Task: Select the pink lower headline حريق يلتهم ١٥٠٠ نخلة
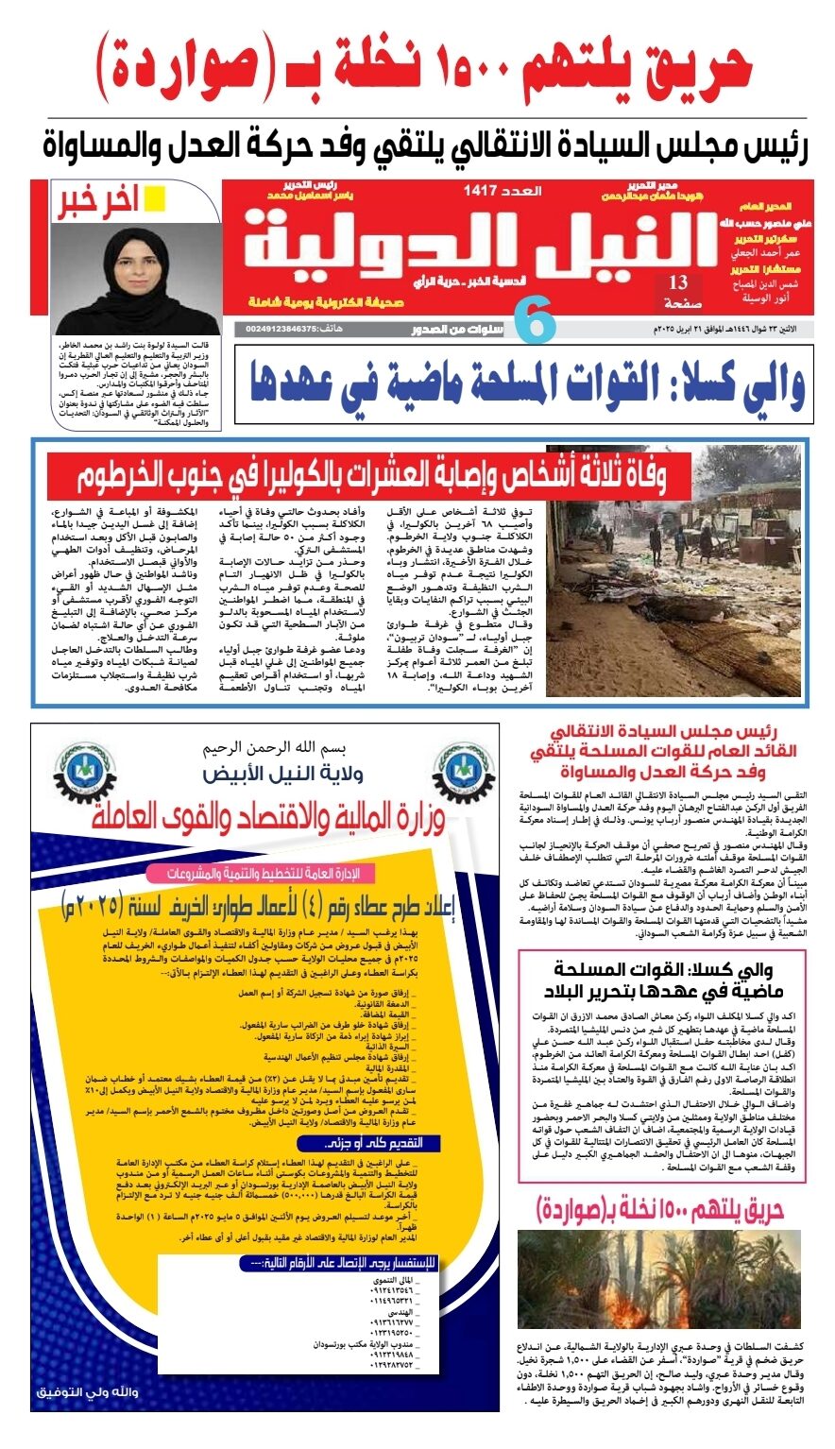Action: point(659,1210)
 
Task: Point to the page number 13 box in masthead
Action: point(678,290)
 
